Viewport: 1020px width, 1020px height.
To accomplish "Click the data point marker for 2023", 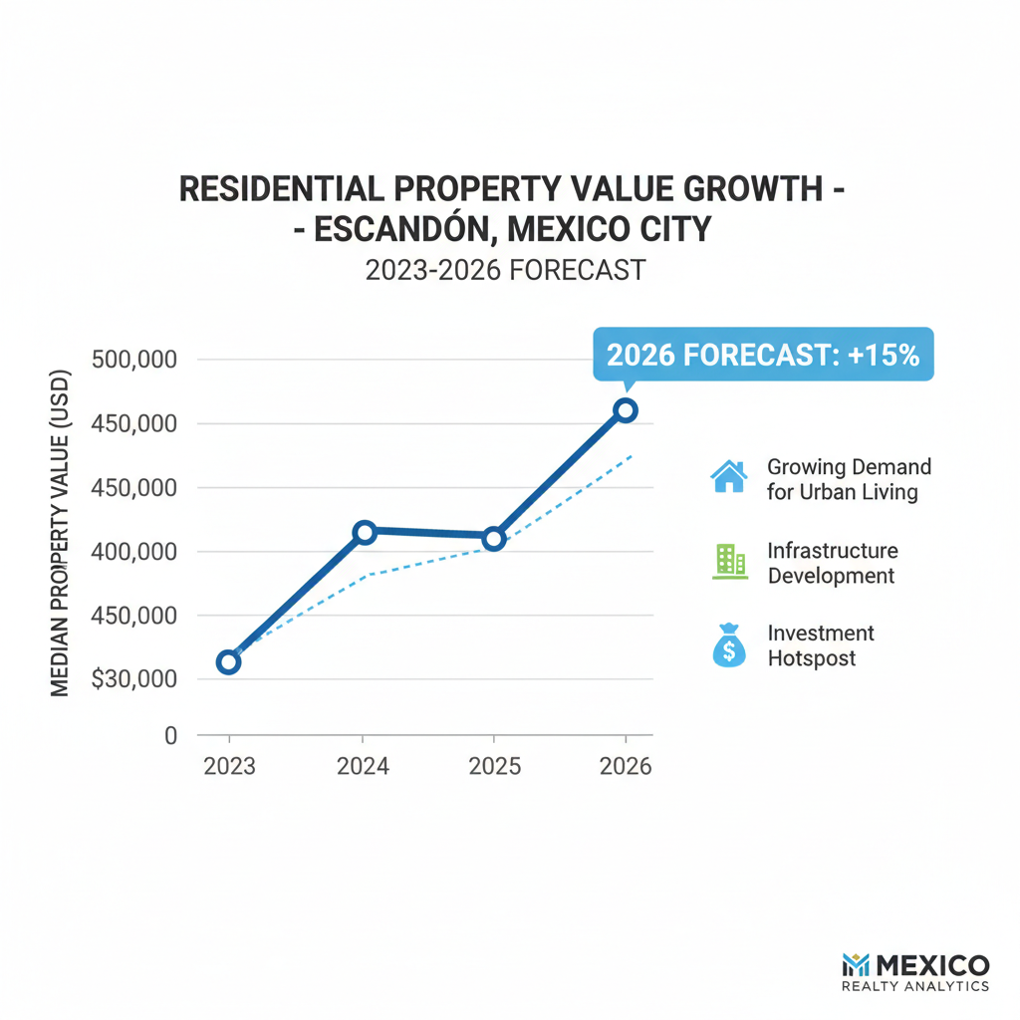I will point(228,662).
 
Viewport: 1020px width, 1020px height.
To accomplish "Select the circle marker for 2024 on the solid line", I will point(365,532).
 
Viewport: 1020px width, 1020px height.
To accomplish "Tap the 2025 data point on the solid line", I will point(493,539).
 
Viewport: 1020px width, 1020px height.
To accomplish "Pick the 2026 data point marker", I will point(625,409).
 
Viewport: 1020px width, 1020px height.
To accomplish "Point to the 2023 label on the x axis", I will point(229,767).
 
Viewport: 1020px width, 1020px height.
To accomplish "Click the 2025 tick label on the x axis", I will point(493,767).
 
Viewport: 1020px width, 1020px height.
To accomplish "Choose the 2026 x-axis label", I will point(625,767).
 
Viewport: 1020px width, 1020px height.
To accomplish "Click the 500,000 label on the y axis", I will point(132,360).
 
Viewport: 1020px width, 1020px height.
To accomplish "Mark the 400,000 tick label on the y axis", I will point(132,552).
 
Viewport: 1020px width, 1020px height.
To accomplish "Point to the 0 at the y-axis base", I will point(170,736).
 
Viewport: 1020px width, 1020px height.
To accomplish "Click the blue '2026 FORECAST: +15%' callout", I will point(763,355).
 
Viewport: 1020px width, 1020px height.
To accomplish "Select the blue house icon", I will point(729,476).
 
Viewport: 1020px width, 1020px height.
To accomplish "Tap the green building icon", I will point(730,562).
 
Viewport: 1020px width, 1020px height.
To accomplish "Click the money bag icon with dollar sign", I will point(729,645).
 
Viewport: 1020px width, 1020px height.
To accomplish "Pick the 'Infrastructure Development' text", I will point(832,563).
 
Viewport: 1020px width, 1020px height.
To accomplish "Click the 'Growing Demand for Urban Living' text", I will point(849,479).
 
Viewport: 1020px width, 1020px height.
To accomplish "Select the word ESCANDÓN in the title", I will point(402,229).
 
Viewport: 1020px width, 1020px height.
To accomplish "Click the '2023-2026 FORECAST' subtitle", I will point(505,270).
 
